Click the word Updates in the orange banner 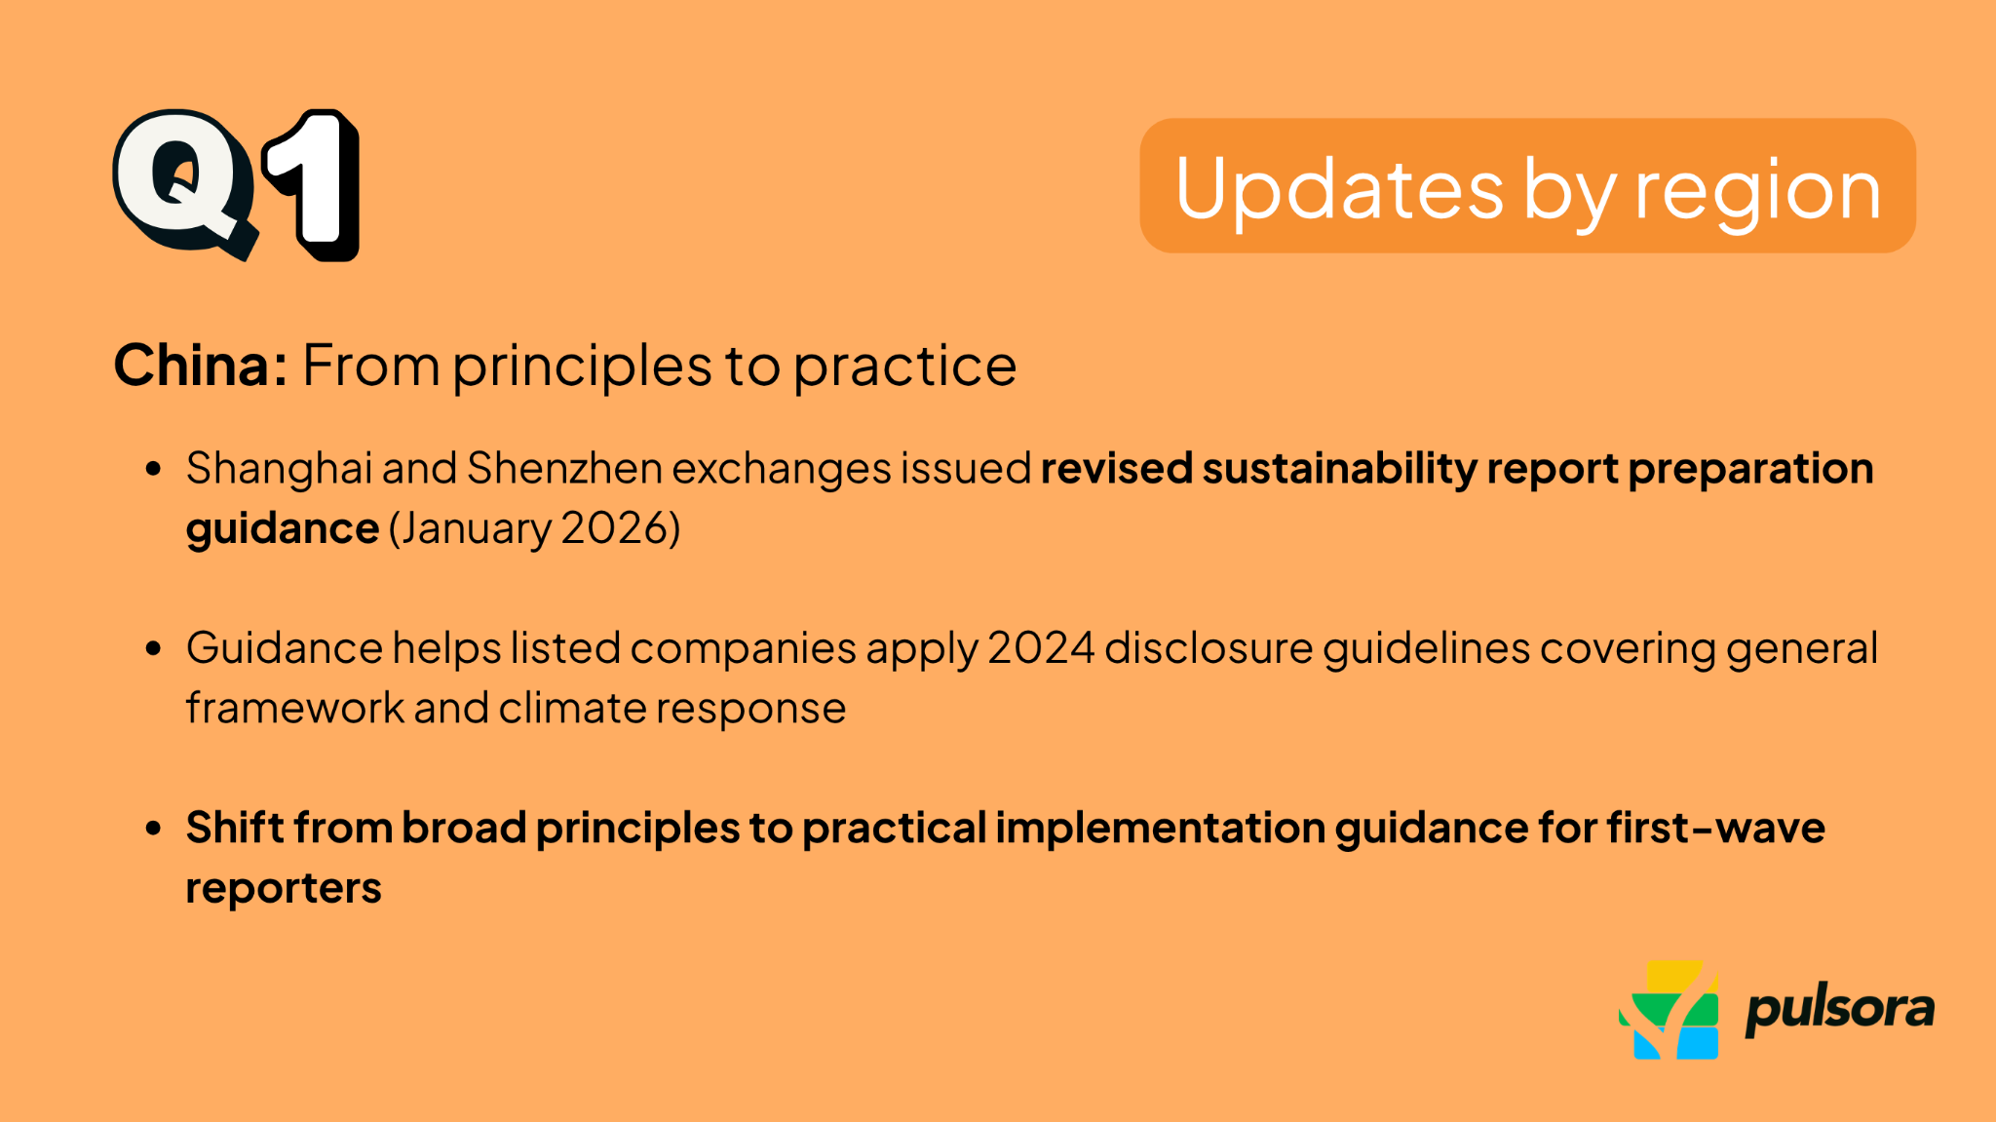1339,189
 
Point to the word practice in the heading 904,368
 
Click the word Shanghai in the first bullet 279,469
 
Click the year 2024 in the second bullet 1041,648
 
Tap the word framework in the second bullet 294,709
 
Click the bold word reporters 284,888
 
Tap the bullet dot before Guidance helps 153,648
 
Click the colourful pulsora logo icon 1669,1011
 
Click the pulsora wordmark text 1839,1010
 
